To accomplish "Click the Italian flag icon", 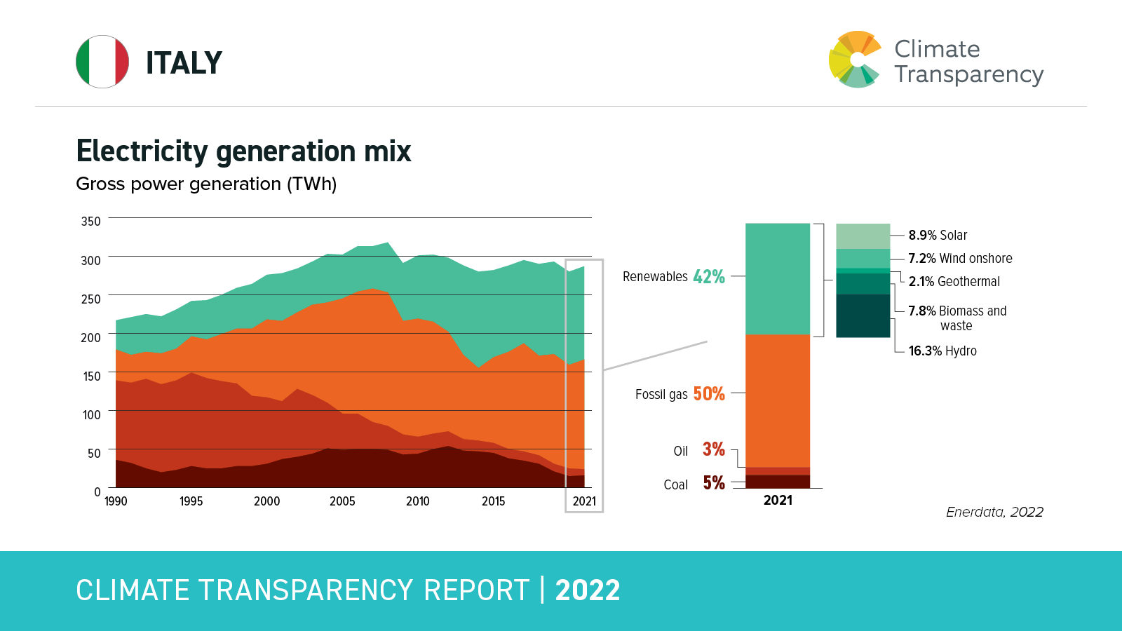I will pos(102,62).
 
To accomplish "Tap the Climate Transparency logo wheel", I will pos(854,60).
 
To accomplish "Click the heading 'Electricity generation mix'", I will pos(243,151).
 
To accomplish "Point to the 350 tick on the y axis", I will pos(91,222).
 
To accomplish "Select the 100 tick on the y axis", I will pos(91,414).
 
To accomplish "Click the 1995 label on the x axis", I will pos(191,501).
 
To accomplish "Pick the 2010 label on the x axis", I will pos(417,501).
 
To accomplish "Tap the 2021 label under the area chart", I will pos(584,501).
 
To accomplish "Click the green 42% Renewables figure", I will pos(709,277).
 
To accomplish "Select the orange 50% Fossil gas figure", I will pos(709,394).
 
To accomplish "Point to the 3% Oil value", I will pos(714,449).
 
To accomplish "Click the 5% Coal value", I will pos(714,483).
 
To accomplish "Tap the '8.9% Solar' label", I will pos(938,236).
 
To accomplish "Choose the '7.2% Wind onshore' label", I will pos(960,259).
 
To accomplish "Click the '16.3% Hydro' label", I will pos(942,351).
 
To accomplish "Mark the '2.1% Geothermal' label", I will pos(954,282).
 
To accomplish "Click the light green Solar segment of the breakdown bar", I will pos(863,236).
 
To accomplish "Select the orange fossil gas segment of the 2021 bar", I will pos(778,400).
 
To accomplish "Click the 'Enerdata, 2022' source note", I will pos(994,513).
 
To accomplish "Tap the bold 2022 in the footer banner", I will pos(588,590).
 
